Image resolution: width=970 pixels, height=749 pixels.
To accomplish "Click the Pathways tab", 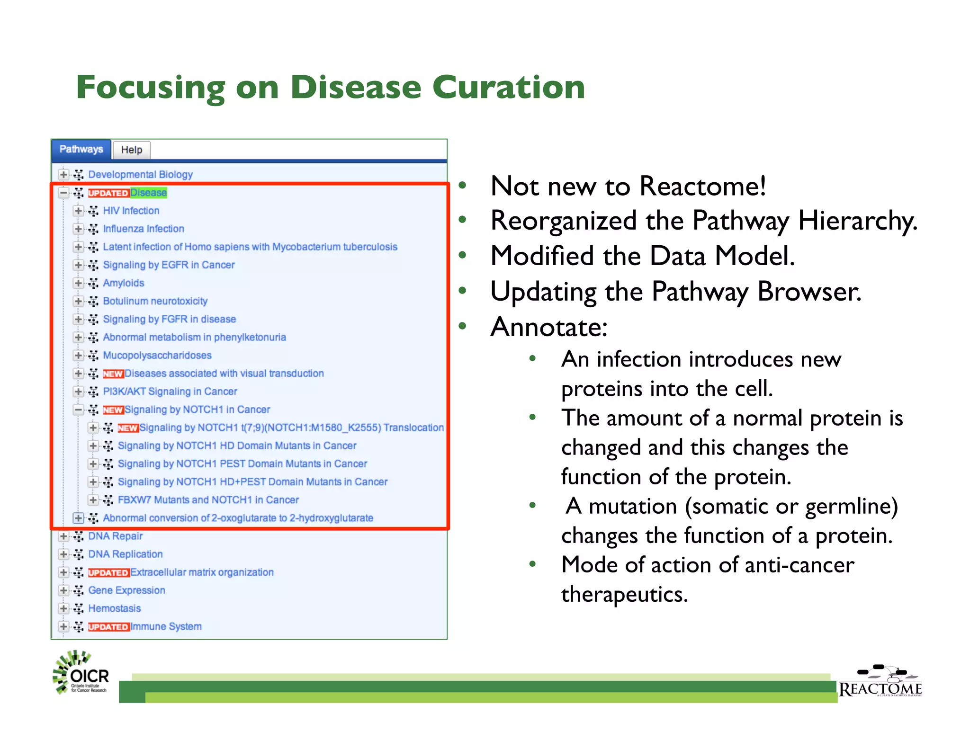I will click(81, 150).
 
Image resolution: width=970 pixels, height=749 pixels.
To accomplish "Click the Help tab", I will click(131, 150).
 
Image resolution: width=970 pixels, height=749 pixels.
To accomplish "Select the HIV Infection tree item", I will click(131, 211).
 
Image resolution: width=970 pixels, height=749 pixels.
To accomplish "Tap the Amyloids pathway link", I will click(124, 283).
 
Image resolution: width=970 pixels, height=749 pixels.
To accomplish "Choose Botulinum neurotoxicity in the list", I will click(155, 301).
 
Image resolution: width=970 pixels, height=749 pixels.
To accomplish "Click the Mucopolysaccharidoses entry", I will click(157, 356).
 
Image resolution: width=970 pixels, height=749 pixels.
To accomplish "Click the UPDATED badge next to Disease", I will click(108, 193).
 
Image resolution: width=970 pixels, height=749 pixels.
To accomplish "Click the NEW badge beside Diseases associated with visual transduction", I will click(113, 374).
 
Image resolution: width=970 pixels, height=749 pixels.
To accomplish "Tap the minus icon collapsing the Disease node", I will click(63, 193).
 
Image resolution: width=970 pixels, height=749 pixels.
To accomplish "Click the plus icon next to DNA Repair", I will click(63, 536).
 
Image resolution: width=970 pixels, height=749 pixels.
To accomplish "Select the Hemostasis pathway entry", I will click(115, 608).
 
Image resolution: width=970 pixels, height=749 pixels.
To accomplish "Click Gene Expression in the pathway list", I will click(127, 590).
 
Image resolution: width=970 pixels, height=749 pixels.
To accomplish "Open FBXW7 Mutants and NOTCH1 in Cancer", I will click(208, 500).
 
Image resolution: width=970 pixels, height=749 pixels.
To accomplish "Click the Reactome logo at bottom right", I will click(880, 682).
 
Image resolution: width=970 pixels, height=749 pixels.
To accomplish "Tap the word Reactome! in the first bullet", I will click(703, 186).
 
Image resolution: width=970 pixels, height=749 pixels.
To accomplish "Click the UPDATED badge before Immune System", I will click(108, 627).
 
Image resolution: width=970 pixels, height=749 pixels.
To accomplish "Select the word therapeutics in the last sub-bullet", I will click(624, 595).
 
